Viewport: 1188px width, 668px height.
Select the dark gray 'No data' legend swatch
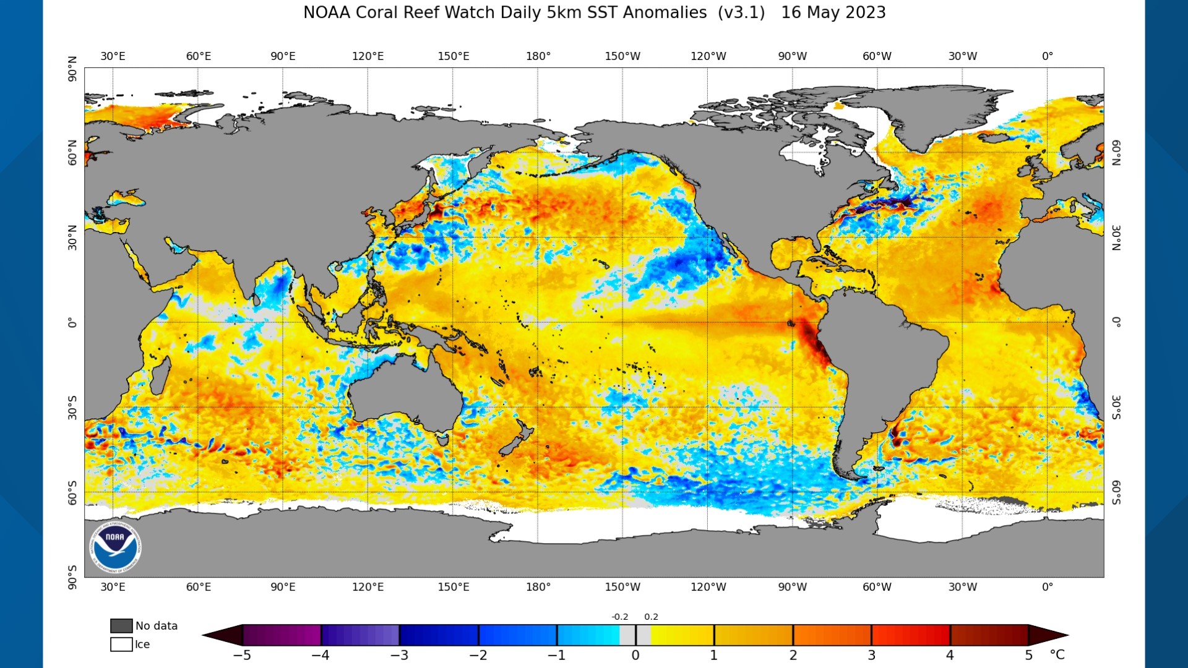tap(121, 626)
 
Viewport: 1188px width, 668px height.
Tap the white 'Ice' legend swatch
tap(121, 644)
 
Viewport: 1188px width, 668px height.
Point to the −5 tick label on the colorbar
tap(242, 656)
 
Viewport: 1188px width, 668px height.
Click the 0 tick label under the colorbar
tap(635, 656)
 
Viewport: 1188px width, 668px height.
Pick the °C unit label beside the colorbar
tap(1057, 655)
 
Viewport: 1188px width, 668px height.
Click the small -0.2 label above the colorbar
tap(620, 617)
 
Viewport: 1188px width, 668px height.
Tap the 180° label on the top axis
tap(538, 56)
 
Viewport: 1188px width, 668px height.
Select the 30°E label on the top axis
tap(113, 56)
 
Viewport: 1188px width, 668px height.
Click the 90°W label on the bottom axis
tap(793, 587)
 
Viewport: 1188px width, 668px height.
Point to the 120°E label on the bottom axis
tap(368, 587)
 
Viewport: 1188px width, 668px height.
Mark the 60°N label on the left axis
tap(72, 153)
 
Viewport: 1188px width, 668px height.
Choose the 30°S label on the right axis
tap(1116, 408)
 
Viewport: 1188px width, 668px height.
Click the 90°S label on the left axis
tap(72, 577)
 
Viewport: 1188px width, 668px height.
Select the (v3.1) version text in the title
tap(741, 13)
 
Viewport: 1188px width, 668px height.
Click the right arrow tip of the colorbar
tap(1068, 635)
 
